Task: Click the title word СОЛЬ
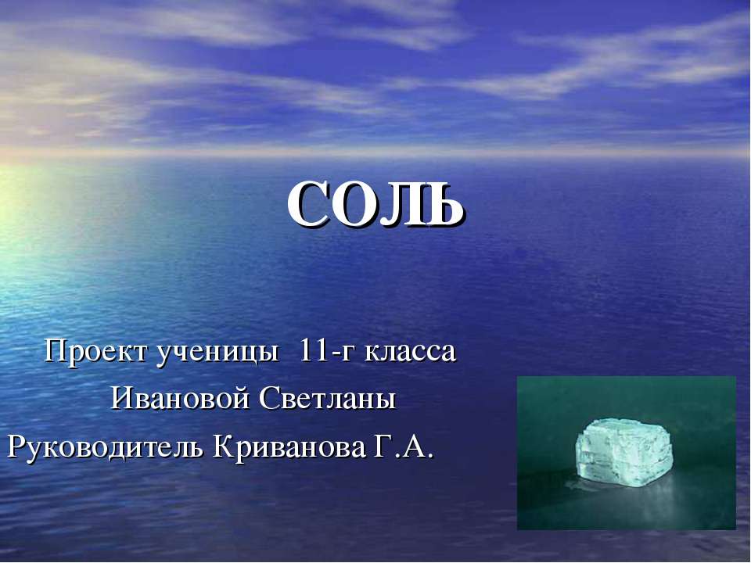(375, 205)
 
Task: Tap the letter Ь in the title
(446, 206)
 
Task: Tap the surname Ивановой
(180, 400)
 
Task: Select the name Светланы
(328, 400)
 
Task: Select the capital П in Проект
(55, 352)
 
